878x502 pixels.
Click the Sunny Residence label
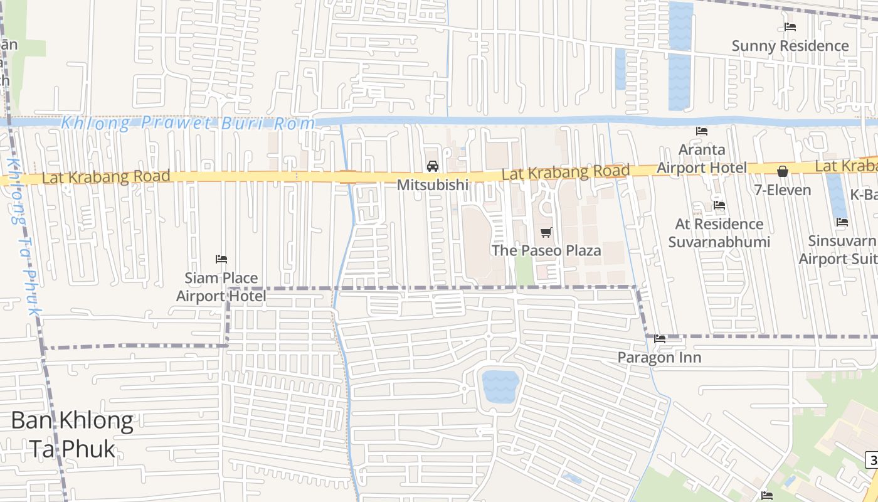[x=790, y=46]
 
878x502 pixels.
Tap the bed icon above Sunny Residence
[x=790, y=27]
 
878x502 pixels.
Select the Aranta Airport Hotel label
[x=702, y=159]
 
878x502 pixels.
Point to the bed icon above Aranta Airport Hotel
[x=702, y=131]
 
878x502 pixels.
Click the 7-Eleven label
[x=782, y=190]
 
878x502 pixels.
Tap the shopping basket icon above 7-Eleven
[x=783, y=171]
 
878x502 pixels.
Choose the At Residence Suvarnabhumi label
[x=719, y=233]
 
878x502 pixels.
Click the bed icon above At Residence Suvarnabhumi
[x=719, y=205]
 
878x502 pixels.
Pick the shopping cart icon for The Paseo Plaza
[x=546, y=233]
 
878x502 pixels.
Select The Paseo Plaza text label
[x=546, y=250]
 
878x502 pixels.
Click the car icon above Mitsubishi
[x=432, y=166]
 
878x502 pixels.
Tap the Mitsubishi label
[x=433, y=185]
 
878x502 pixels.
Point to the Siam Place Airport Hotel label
[x=221, y=287]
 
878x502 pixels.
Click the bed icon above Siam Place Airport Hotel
[x=221, y=259]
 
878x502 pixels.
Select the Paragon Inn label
[x=659, y=358]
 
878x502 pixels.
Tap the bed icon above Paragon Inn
[x=660, y=339]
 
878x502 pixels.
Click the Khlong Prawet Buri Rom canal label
[x=188, y=123]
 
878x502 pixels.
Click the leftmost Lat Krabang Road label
[x=106, y=178]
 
